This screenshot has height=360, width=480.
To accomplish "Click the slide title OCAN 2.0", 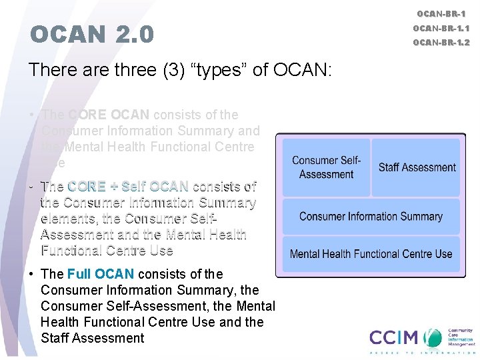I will (x=92, y=34).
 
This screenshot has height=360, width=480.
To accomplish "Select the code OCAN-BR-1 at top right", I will (x=441, y=13).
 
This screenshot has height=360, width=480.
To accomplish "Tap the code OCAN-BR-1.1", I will (x=441, y=28).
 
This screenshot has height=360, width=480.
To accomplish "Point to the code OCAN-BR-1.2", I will (x=441, y=43).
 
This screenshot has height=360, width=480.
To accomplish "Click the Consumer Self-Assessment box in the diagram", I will (x=326, y=167).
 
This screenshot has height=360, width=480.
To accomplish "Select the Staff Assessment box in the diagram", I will (x=417, y=167).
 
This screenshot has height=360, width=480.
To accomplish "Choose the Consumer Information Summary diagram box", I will (x=371, y=216).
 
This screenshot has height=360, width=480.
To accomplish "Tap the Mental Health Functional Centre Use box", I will (x=371, y=254).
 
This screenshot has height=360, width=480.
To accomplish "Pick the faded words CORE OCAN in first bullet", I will (x=109, y=115).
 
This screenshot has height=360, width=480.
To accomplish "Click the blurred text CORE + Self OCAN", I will (x=128, y=186).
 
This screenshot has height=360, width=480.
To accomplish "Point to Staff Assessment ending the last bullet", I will (x=92, y=338).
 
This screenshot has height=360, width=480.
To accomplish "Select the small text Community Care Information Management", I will (x=459, y=337).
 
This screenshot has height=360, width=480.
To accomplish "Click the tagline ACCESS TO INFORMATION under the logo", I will (x=421, y=353).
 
